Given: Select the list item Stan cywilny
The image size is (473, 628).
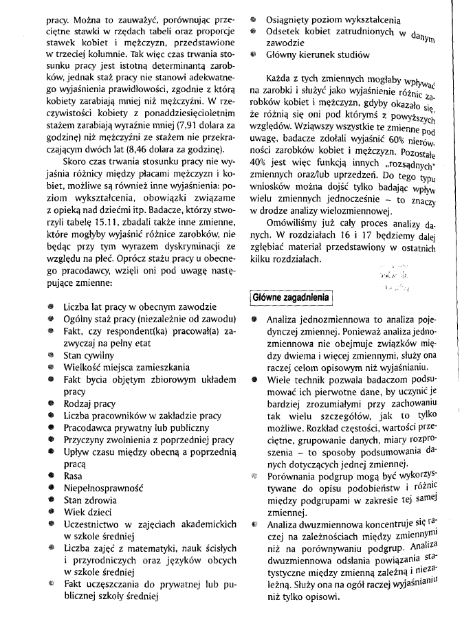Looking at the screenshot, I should [x=88, y=356].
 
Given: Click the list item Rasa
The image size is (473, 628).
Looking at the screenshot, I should [x=73, y=475].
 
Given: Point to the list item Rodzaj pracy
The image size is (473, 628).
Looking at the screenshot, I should [x=89, y=404].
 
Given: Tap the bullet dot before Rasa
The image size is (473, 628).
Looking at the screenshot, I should [x=51, y=475].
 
